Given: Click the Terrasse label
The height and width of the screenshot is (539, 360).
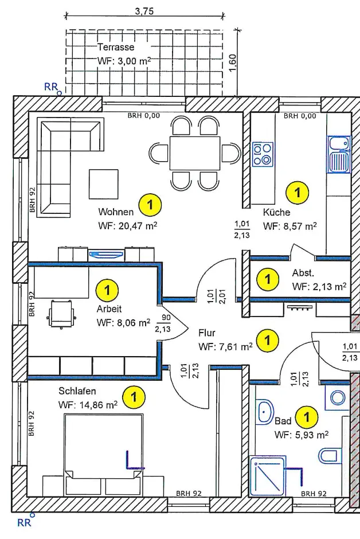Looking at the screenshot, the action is pos(116,46).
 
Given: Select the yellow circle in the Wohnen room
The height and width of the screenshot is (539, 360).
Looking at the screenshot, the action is pos(151,204).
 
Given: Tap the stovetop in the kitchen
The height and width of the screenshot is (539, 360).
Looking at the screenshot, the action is pos(263,154).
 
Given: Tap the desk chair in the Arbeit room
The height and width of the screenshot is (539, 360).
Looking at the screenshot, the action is pos(62,313).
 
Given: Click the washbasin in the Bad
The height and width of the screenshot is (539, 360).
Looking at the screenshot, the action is pos(265,411).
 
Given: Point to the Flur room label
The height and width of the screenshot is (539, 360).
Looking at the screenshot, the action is pos(206,333).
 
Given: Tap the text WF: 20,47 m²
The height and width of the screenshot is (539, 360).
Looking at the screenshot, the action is pos(127,225).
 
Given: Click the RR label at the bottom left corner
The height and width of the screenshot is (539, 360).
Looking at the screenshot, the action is pos(24,522).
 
